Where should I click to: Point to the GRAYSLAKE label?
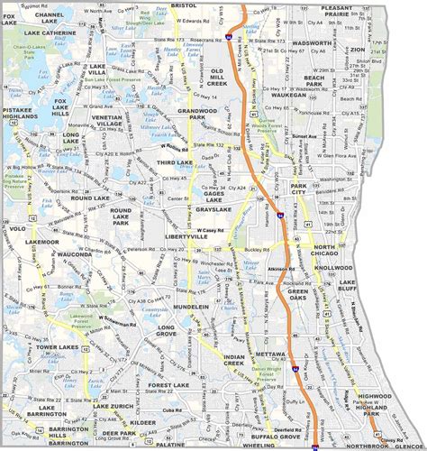click(x=215, y=208)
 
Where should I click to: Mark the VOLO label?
click(x=14, y=228)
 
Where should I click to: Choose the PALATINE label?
click(x=168, y=444)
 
